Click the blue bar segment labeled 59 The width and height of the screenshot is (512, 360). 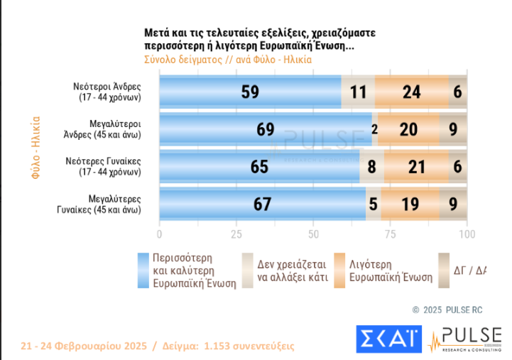(250, 92)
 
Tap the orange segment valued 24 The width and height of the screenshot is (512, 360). (411, 92)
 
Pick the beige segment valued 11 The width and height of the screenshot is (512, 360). (358, 92)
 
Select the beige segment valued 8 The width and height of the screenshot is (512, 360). (372, 167)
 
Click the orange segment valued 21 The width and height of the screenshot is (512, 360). (416, 167)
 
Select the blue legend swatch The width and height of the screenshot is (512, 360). (143, 270)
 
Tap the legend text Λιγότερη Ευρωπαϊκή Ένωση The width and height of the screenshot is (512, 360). (390, 270)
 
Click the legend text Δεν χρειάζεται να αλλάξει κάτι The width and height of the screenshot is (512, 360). (292, 270)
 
